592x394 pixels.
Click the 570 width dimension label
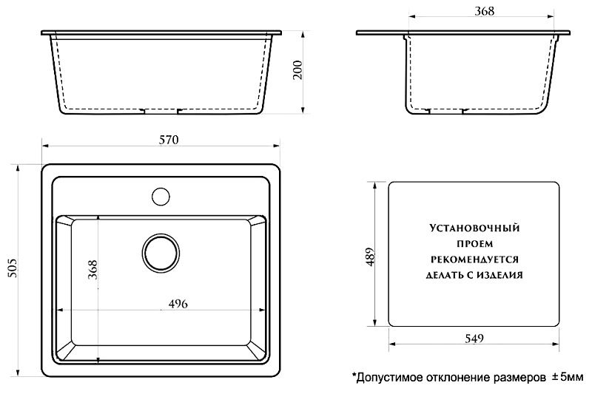[x=169, y=140]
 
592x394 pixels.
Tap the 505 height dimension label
[x=13, y=268]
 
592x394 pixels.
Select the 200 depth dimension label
[x=298, y=69]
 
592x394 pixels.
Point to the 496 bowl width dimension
[x=178, y=304]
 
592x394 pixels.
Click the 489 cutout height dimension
[x=370, y=257]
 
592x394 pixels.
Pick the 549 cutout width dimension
[x=474, y=339]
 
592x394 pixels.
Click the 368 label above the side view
[x=485, y=11]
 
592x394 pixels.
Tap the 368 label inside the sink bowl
[x=92, y=270]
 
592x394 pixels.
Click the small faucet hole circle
[x=161, y=197]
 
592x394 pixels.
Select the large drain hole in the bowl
[x=161, y=253]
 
